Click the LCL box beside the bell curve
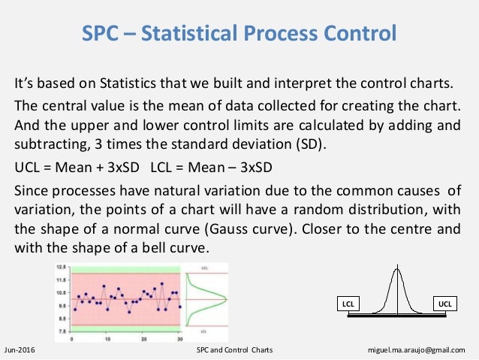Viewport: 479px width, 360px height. pos(348,303)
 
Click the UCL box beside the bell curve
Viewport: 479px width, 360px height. pos(445,303)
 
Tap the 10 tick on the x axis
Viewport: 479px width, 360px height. pos(107,338)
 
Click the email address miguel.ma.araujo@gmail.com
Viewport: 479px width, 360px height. pos(432,350)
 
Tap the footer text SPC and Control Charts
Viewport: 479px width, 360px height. pos(233,350)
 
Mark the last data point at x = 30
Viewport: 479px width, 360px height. pos(180,306)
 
